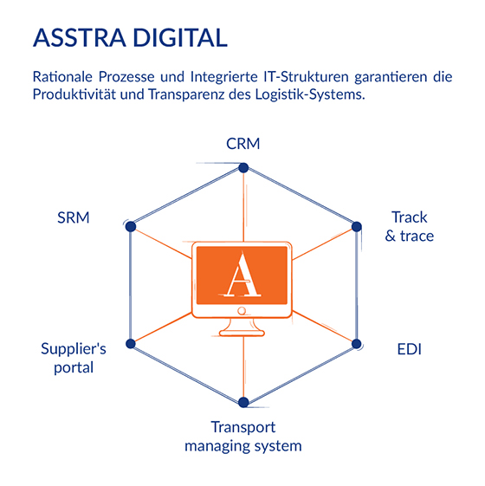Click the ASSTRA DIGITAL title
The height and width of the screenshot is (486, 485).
coord(130,38)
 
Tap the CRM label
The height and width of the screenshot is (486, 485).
coord(243,144)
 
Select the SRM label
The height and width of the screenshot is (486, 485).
coord(74,217)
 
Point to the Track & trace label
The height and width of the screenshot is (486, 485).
coord(409,227)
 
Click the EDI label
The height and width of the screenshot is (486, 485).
coord(409,349)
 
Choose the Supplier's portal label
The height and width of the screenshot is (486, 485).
coord(74,359)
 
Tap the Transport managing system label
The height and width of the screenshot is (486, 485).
coord(243,437)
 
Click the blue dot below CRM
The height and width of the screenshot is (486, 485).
coord(243,168)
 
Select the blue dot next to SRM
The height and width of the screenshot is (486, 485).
coord(131,227)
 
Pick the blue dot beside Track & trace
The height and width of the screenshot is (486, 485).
coord(357,227)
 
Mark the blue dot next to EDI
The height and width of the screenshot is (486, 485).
coord(357,344)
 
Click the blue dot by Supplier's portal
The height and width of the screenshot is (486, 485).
coord(131,344)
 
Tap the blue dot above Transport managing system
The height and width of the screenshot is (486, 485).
coord(243,402)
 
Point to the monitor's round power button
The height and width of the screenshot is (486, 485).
coord(242,311)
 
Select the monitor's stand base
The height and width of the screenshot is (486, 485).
coord(242,334)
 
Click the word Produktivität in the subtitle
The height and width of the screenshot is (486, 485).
coord(73,94)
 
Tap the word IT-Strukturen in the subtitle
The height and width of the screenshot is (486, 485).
coord(307,77)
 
